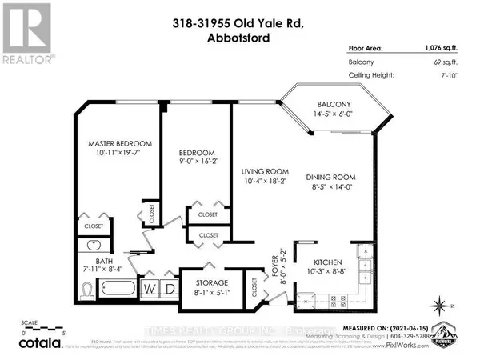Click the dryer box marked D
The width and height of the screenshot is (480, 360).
tap(170, 288)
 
